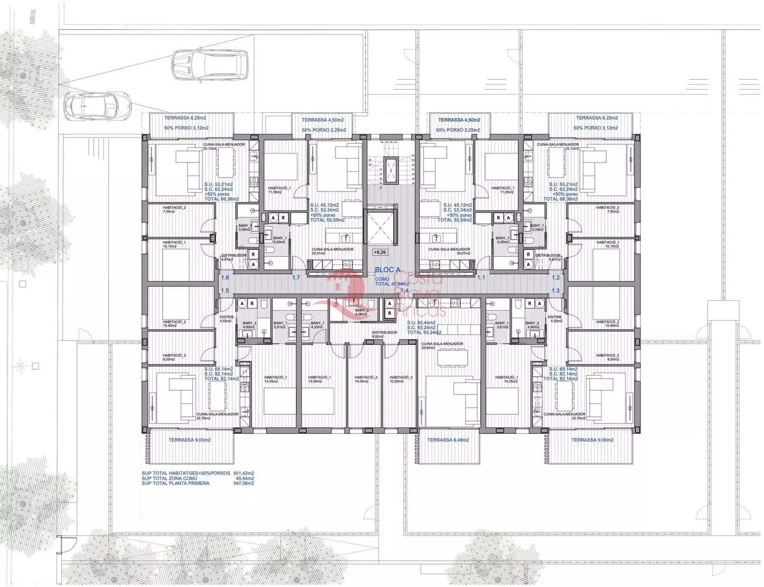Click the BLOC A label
(387, 270)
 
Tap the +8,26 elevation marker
(380, 252)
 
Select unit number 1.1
(481, 277)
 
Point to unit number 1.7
(296, 277)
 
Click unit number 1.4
(404, 291)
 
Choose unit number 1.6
(225, 277)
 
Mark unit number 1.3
(555, 291)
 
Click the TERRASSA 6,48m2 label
(448, 440)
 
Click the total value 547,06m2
(244, 483)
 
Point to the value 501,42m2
(244, 473)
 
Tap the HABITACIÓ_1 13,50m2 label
(319, 379)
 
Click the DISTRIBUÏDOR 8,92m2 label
(384, 335)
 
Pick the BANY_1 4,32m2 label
(317, 325)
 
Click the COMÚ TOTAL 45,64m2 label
(391, 281)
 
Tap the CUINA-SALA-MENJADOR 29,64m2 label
(442, 346)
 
